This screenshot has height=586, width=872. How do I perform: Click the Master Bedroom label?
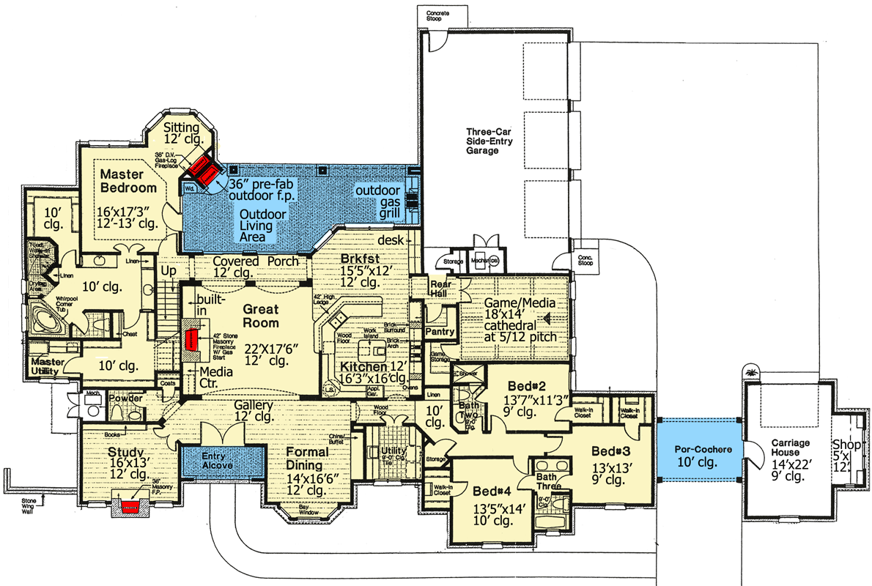(128, 181)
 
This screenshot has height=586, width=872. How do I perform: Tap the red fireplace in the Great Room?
(192, 341)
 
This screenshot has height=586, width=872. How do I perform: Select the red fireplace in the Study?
(130, 506)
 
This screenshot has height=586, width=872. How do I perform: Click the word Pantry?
(440, 332)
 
